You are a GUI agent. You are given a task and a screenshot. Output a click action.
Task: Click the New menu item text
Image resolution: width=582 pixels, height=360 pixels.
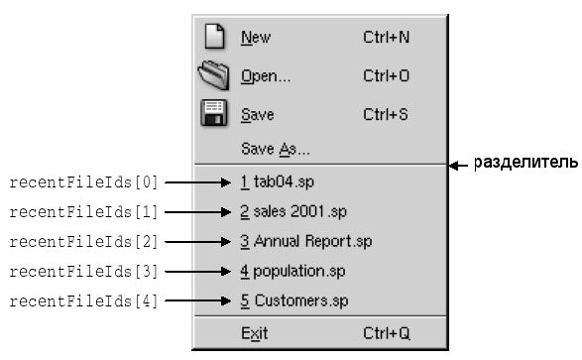(256, 38)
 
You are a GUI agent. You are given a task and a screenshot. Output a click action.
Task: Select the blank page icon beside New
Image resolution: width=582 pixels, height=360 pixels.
(214, 37)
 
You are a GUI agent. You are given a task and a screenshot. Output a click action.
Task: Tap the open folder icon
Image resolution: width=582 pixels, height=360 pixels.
(213, 75)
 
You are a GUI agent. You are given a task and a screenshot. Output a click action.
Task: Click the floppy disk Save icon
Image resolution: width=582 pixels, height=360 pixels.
(214, 113)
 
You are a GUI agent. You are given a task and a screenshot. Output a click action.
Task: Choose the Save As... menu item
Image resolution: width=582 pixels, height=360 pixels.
(275, 149)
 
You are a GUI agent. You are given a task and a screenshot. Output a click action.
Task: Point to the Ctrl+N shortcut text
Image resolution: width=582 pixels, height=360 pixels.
(386, 37)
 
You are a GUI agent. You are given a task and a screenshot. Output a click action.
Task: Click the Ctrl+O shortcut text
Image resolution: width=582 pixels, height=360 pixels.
(386, 75)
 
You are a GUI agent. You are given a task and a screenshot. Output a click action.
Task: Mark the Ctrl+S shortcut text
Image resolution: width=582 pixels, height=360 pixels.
(386, 114)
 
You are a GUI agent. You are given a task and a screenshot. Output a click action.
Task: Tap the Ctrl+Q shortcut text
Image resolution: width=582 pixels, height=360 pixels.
(387, 333)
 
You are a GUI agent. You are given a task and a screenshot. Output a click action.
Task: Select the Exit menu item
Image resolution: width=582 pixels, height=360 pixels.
(254, 333)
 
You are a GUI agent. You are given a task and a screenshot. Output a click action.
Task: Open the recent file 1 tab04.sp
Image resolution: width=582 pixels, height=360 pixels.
(277, 182)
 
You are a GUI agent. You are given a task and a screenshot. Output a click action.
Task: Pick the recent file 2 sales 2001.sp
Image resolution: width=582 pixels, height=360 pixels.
(293, 212)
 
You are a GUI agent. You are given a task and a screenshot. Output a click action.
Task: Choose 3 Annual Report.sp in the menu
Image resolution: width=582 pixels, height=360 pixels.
(305, 242)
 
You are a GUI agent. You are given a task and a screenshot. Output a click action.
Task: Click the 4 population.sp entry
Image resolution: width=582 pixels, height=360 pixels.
(292, 272)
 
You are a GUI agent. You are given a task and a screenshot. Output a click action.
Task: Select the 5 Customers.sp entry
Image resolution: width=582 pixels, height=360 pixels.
(293, 300)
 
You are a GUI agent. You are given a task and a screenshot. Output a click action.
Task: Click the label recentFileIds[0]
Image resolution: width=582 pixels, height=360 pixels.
(84, 182)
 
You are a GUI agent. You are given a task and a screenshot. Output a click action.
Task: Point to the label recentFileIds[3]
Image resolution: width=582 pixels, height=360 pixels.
(84, 272)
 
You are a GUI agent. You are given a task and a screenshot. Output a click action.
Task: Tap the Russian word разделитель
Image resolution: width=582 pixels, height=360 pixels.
(525, 163)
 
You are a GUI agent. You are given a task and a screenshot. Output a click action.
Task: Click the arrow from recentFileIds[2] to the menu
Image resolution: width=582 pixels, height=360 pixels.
(198, 242)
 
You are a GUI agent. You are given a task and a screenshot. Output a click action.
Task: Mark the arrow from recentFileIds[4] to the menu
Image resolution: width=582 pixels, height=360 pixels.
(198, 300)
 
